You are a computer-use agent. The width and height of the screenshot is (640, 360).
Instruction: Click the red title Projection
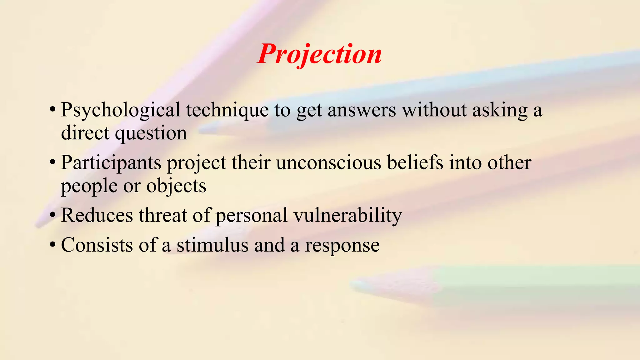point(319,54)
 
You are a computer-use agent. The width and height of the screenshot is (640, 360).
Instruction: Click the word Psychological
point(121,111)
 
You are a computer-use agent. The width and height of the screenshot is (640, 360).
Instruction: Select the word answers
point(362,111)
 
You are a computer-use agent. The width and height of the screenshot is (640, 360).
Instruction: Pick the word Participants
point(111,163)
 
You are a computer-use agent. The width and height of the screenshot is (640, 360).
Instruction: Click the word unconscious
point(328,163)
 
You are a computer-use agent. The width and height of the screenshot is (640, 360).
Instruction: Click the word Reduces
point(97,215)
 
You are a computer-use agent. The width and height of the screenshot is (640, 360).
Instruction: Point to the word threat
point(163,215)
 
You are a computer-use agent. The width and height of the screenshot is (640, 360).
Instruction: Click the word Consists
point(97,245)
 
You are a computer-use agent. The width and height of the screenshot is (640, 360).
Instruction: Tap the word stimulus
point(212,245)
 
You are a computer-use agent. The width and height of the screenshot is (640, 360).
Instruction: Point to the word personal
point(252,216)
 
